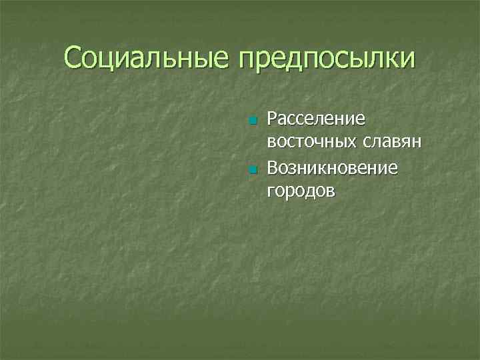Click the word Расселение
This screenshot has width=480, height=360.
[x=315, y=119]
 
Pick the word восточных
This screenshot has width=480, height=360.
[x=312, y=143]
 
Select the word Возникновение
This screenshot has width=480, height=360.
[x=332, y=167]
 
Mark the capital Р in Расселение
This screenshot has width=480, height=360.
[x=272, y=119]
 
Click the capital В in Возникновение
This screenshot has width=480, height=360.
[x=273, y=167]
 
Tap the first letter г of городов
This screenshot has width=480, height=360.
[x=271, y=193]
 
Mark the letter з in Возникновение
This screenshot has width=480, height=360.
[x=295, y=168]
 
